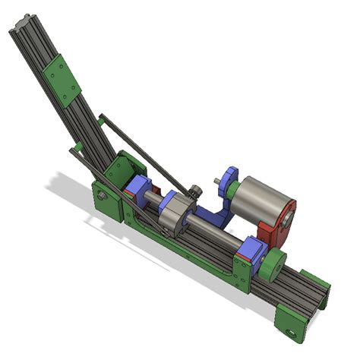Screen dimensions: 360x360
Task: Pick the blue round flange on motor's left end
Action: point(232,182)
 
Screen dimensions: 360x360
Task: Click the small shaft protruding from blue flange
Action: point(219,181)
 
